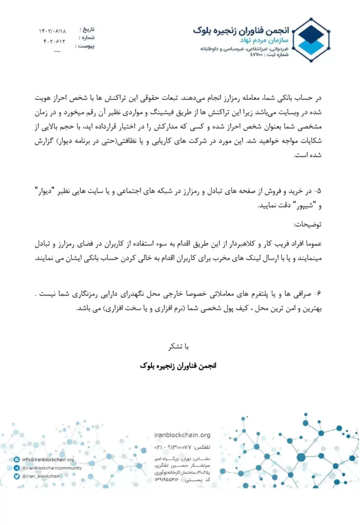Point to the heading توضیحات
point(307,225)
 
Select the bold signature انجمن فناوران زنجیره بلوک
point(179,366)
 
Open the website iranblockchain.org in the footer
point(182,435)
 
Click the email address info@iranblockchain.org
point(48,460)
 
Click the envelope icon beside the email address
point(17,460)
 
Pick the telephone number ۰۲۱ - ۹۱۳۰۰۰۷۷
point(176,447)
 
